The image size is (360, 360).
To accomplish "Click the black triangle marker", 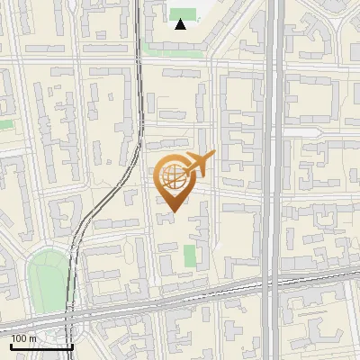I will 181,24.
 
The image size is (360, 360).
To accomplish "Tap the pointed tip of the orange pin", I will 173,211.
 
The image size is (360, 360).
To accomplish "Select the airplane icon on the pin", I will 197,164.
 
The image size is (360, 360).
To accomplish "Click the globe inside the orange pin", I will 173,177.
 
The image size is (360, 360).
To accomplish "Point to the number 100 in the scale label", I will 20,338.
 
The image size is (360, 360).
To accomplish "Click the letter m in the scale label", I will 33,338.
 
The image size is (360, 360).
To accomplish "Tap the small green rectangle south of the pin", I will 190,256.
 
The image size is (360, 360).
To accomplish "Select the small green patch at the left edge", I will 5,123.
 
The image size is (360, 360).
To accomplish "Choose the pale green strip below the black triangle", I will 176,50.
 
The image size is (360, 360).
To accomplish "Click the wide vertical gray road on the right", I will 274,135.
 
